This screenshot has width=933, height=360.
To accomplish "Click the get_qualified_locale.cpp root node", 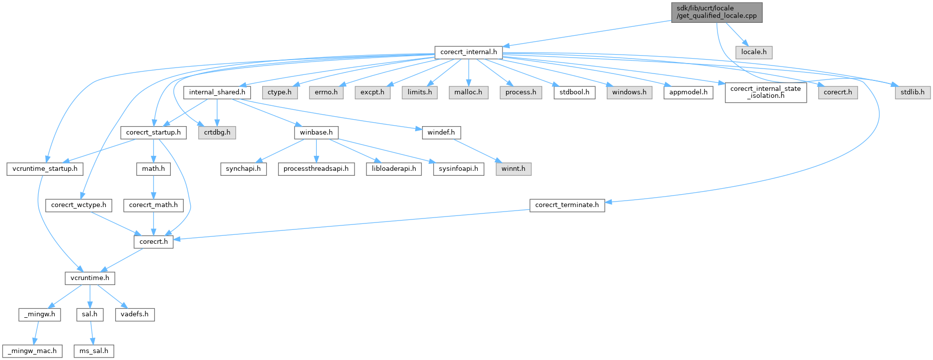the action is (x=717, y=12).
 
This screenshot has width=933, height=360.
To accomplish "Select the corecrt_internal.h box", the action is (x=468, y=52).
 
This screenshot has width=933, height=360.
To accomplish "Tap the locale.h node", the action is (x=754, y=52).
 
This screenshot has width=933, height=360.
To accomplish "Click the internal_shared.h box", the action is (x=217, y=92).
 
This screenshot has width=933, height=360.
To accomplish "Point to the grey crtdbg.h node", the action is (x=217, y=133).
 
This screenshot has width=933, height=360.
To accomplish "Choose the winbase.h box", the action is (x=316, y=133).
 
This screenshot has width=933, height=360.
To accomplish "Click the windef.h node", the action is (x=441, y=133).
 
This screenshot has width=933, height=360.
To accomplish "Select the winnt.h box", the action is (x=513, y=169).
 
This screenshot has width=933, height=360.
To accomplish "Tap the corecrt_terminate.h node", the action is (x=567, y=205).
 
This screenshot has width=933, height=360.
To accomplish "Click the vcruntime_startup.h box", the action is (x=45, y=169).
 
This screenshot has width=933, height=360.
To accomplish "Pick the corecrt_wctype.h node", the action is (x=78, y=205).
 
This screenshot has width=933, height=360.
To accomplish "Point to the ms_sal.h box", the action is (x=94, y=351).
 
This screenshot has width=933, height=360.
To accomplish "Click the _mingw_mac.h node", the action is (x=32, y=351).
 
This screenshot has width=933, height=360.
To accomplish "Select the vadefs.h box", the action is (x=135, y=314).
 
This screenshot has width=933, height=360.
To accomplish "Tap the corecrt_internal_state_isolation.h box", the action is (x=766, y=92).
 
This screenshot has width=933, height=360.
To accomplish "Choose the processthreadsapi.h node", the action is (x=316, y=169).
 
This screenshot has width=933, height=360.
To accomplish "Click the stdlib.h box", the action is (x=913, y=92).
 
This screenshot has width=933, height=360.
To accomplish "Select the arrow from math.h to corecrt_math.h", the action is (x=153, y=187).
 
